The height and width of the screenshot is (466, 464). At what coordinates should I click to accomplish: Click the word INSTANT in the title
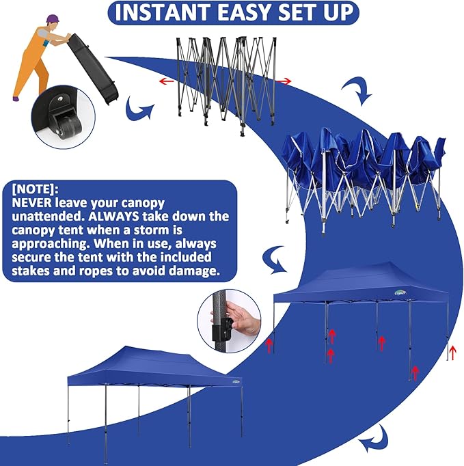[x=163, y=13]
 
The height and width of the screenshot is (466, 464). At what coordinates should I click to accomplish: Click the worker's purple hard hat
[x=53, y=18]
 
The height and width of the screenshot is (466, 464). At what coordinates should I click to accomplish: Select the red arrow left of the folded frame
[x=167, y=81]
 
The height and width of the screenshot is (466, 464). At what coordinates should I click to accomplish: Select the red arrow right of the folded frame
[x=284, y=81]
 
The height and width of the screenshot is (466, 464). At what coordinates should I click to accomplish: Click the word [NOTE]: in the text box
[x=35, y=189]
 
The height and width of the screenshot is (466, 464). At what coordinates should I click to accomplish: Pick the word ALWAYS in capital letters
[x=114, y=217]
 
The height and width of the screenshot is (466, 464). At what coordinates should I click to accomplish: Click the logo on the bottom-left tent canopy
[x=236, y=381]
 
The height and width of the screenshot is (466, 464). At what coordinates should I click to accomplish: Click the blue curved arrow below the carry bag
[x=138, y=109]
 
